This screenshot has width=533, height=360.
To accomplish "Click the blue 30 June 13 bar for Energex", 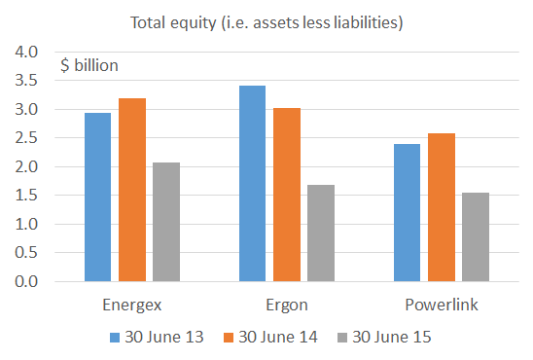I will (97, 198).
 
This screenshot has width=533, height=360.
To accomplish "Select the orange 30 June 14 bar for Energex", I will (132, 190).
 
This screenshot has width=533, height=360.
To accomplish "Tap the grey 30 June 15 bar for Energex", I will (166, 222).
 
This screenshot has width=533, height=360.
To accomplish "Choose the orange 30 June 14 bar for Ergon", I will (287, 195).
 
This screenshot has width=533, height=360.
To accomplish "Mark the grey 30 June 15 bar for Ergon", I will (321, 234).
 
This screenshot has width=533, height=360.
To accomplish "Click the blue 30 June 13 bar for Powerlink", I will (407, 213).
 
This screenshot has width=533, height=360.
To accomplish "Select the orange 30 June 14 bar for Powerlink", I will (442, 208).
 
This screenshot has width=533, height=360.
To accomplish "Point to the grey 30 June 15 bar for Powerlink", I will (476, 237).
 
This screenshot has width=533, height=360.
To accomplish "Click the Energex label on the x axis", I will (131, 305).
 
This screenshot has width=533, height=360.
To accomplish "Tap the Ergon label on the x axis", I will (286, 305).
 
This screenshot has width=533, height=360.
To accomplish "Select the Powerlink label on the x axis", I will (441, 305).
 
